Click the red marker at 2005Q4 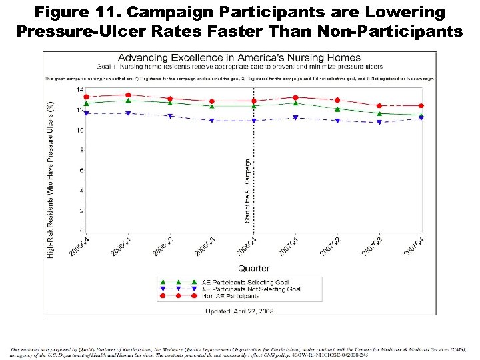coord(87,97)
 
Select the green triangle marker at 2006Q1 coord(128,101)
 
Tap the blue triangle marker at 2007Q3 coord(379,122)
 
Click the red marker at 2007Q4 coord(421,105)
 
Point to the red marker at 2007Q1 coord(295,98)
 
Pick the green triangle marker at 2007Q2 coord(337,109)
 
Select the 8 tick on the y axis coord(81,151)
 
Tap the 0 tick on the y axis coord(81,231)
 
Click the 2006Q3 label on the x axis coord(205,247)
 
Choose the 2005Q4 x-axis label coord(79,247)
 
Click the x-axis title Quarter coord(254,269)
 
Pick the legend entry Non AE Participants coord(230,295)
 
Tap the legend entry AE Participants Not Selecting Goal coord(251,289)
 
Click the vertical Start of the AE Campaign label coord(248,190)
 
